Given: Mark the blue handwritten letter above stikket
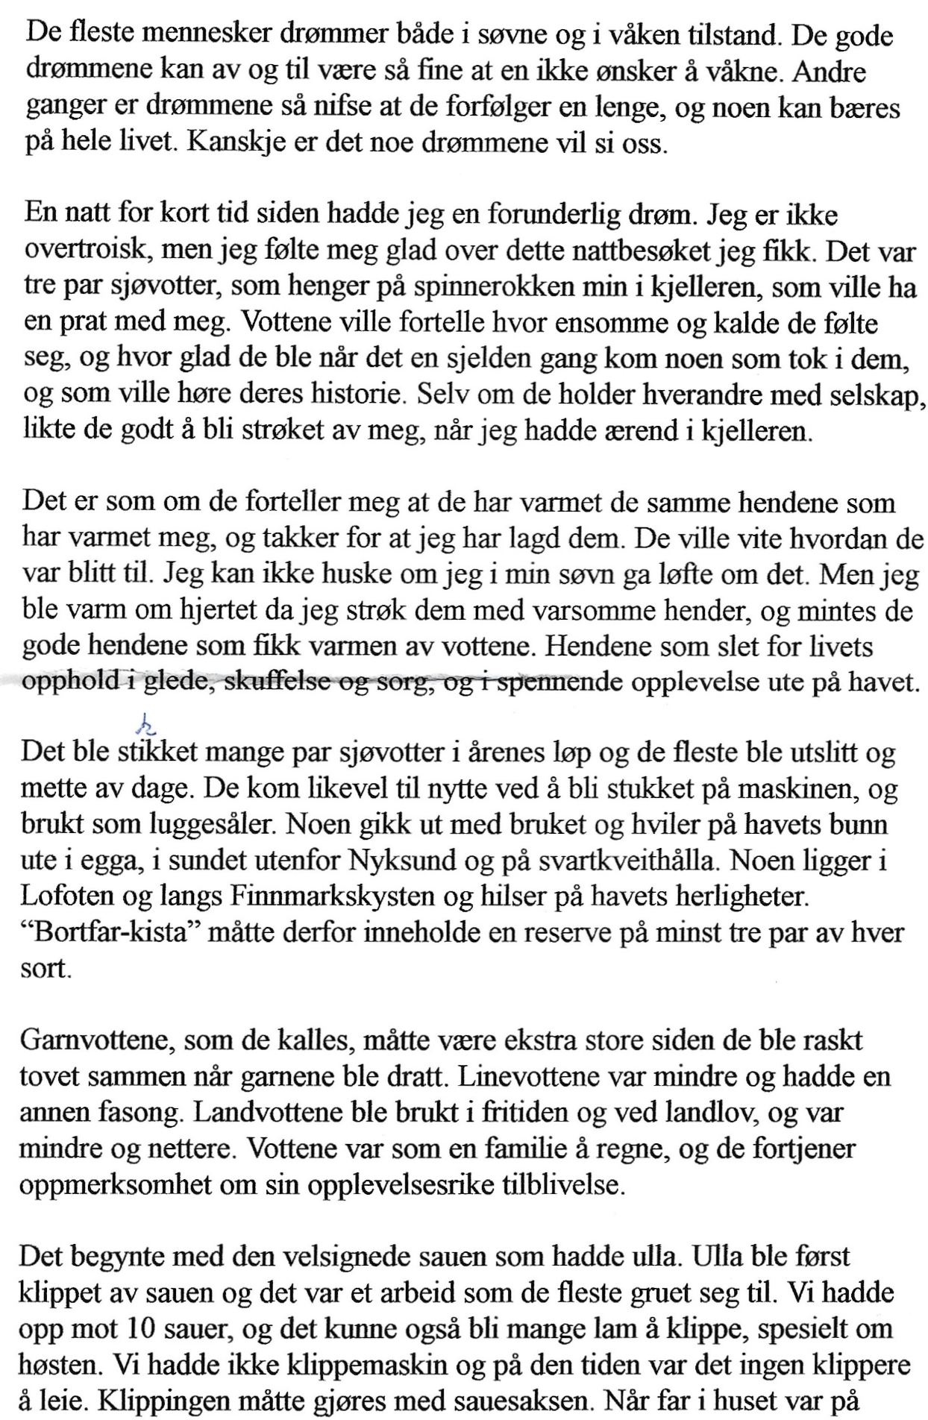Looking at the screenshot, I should [143, 722].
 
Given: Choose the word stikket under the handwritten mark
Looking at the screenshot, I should [158, 752].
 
